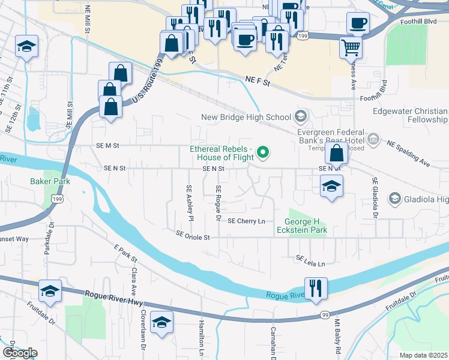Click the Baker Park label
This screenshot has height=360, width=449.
[x=51, y=181]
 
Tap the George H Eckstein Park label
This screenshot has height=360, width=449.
[x=301, y=226]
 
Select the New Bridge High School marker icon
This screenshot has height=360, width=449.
[x=301, y=116]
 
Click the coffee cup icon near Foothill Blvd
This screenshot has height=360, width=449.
[x=358, y=23]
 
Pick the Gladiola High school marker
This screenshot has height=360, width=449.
[x=395, y=198]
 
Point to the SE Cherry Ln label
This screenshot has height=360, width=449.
[x=246, y=221]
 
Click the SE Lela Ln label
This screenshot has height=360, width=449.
[x=310, y=262]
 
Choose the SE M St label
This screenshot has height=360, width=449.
[x=107, y=145]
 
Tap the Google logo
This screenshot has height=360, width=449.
[x=19, y=353]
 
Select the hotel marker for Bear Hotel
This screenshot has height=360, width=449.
[x=373, y=140]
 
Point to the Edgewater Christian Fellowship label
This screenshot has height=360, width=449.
[x=410, y=116]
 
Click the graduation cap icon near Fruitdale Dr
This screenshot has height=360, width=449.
[x=50, y=292]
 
